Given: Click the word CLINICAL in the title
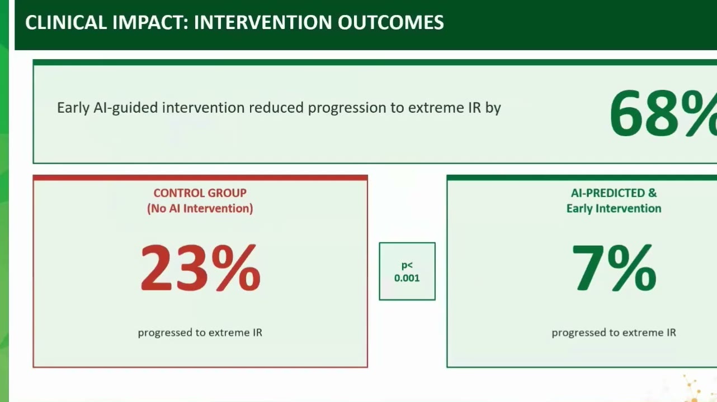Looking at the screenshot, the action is [x=65, y=22].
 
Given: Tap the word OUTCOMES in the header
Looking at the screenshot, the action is [x=390, y=22].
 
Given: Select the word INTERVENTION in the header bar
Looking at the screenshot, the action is [x=263, y=22].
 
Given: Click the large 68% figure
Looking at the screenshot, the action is [x=663, y=113].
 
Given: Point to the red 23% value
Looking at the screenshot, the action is [x=201, y=268].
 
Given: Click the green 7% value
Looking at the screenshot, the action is [x=614, y=268].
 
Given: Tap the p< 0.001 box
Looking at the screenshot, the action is [x=407, y=271].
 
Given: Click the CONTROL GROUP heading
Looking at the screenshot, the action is [x=200, y=193].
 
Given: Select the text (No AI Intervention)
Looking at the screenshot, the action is [x=200, y=209].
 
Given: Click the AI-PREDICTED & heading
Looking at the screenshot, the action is [x=614, y=193].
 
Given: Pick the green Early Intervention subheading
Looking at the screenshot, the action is [x=614, y=209].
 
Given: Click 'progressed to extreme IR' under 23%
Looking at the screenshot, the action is [x=200, y=333].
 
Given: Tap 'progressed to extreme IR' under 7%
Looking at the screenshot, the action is [x=614, y=333].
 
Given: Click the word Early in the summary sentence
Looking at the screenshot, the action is [x=73, y=108].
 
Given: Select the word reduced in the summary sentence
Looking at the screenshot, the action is [x=276, y=108].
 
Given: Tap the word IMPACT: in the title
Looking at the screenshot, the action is [x=150, y=22].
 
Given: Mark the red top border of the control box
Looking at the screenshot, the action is [x=200, y=178].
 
